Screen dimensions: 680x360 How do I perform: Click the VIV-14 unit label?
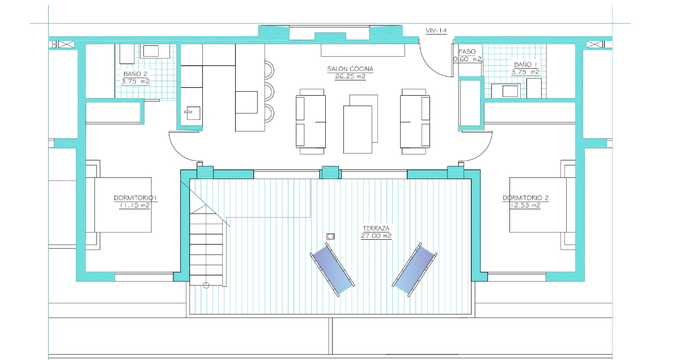(x=436, y=31)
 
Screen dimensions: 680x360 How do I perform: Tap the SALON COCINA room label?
(x=350, y=69)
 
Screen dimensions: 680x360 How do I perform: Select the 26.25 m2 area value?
(x=350, y=77)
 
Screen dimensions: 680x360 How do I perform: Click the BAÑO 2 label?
(x=135, y=74)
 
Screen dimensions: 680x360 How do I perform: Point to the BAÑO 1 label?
(x=525, y=65)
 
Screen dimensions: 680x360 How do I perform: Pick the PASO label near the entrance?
(x=467, y=52)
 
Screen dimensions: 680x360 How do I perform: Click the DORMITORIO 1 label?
(x=135, y=198)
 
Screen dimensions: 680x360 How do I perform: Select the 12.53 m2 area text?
(x=525, y=205)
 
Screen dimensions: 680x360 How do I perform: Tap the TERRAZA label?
(x=376, y=228)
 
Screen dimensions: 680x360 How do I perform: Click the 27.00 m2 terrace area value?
(x=376, y=236)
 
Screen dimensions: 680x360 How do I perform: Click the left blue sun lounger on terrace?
(x=332, y=269)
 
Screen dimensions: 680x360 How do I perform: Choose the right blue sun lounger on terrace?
(x=415, y=269)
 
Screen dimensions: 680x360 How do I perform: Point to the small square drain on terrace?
(x=330, y=236)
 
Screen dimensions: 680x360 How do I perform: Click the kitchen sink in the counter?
(x=193, y=113)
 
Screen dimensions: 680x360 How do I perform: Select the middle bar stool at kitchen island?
(x=269, y=91)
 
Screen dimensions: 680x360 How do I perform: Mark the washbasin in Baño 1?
(x=505, y=91)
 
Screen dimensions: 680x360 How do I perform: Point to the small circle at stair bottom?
(x=206, y=285)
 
